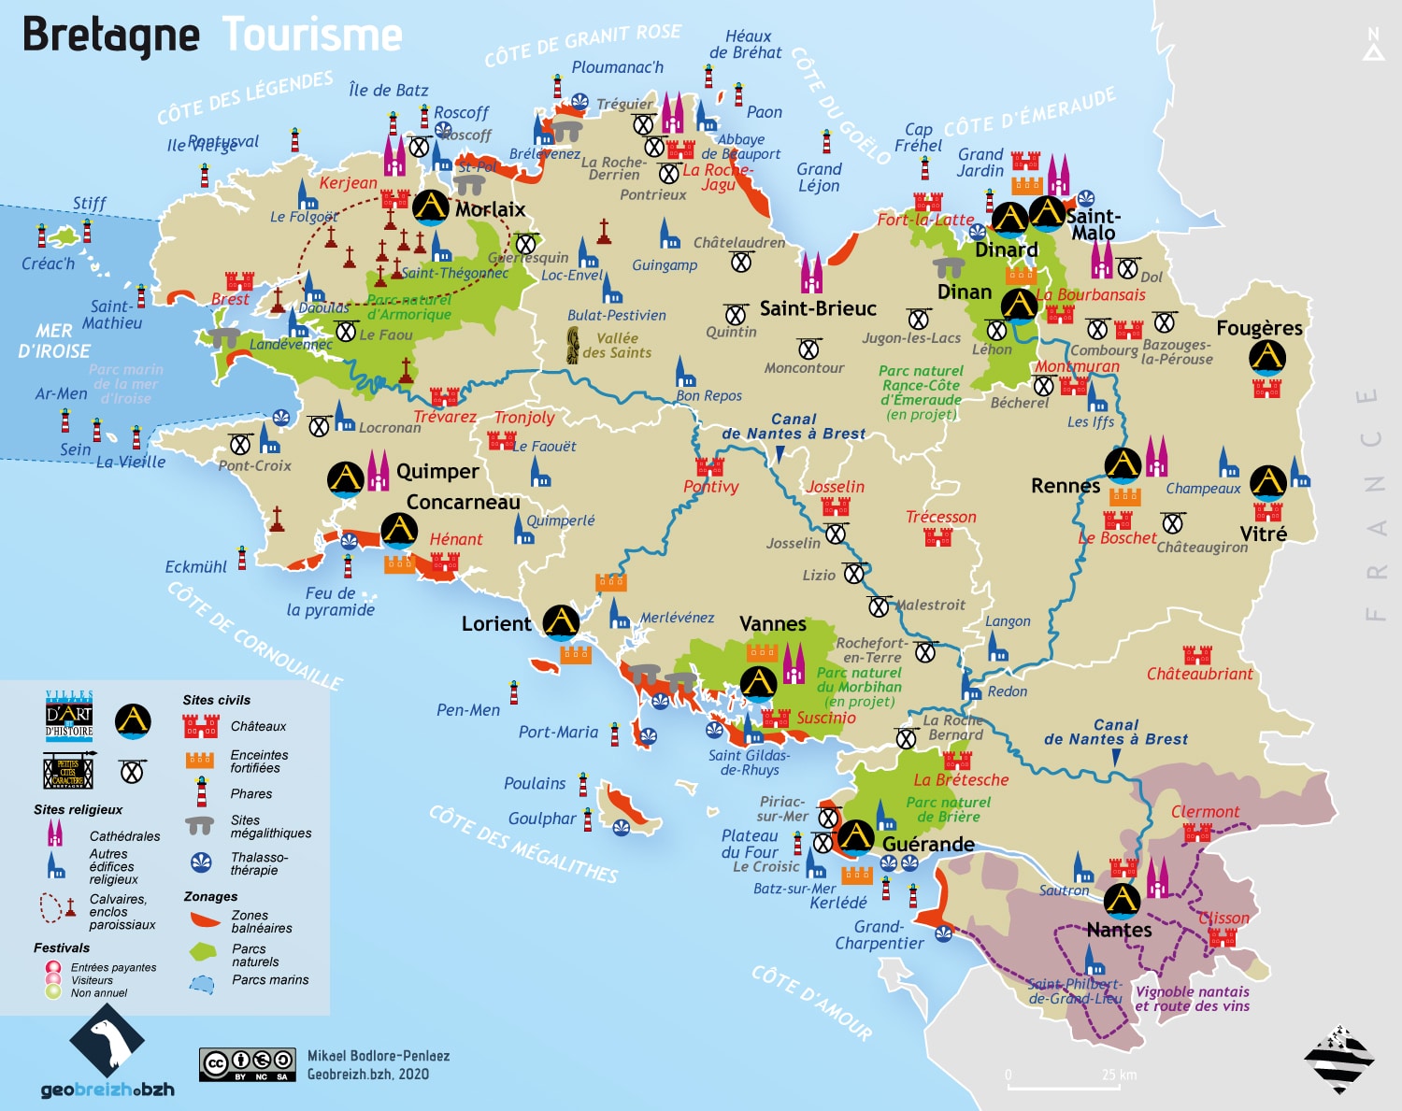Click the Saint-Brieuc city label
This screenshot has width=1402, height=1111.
817,308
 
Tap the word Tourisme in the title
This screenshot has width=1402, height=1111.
312,36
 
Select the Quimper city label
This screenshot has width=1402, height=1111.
436,472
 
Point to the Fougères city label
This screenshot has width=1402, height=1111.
1258,328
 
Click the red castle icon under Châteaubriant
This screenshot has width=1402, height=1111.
1196,654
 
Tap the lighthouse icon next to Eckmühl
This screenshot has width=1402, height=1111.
242,558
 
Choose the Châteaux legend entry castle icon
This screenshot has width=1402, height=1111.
200,726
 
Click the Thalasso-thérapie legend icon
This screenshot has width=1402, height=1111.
201,862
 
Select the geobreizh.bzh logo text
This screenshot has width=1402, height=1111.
107,1090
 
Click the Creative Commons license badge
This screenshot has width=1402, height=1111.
247,1063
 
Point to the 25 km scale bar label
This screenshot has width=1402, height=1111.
1119,1075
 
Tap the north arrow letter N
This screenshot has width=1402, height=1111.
1373,35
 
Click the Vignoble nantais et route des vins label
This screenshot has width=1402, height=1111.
1192,998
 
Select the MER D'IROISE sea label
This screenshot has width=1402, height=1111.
54,341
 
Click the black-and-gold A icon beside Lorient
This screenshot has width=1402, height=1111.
561,620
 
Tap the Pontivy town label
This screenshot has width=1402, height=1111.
710,487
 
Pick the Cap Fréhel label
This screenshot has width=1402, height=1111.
918,137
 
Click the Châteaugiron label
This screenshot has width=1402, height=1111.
1202,547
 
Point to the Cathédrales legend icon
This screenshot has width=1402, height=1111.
55,833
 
